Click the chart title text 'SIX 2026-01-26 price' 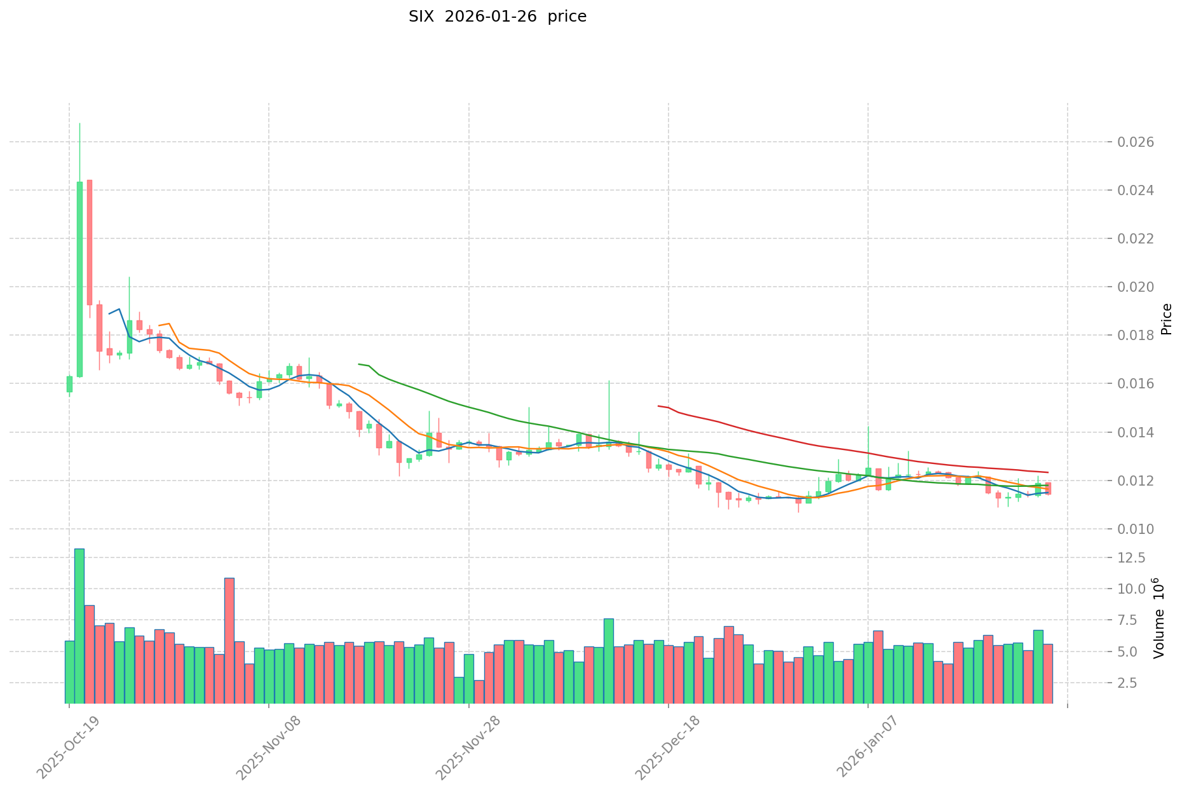click(x=497, y=17)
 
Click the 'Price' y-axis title click(x=1166, y=319)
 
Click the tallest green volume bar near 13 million click(x=79, y=626)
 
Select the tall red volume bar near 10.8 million click(x=229, y=640)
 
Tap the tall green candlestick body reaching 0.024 click(x=79, y=279)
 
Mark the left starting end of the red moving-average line click(x=658, y=406)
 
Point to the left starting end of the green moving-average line click(x=359, y=364)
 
